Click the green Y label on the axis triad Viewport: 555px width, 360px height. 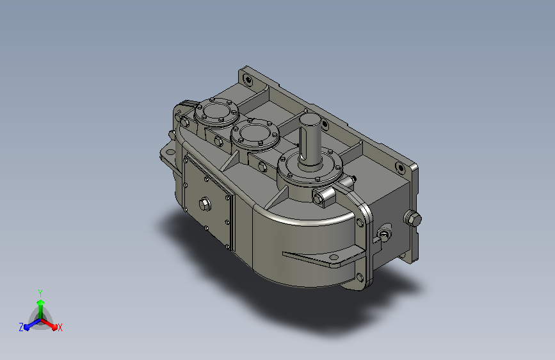(x=40, y=293)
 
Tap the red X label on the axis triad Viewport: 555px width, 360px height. (x=60, y=328)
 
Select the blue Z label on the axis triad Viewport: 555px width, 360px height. (x=21, y=327)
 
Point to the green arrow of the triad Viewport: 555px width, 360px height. (x=41, y=309)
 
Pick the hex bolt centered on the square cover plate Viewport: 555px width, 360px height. (x=205, y=204)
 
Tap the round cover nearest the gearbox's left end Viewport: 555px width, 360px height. (x=216, y=112)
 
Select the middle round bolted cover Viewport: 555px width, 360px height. (x=255, y=135)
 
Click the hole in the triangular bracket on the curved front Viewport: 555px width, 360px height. (x=334, y=258)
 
